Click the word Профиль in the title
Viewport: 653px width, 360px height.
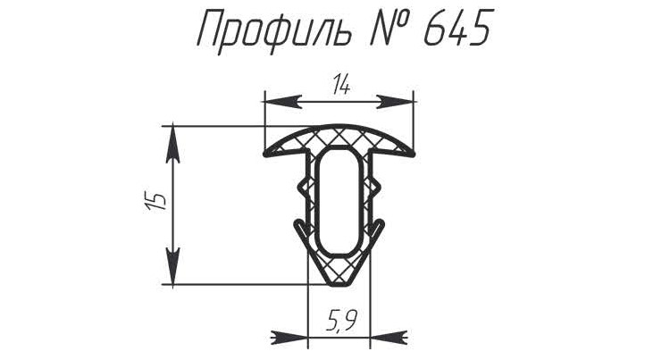(x=274, y=31)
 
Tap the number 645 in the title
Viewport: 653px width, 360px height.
(x=456, y=28)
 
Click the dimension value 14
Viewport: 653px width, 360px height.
(x=341, y=87)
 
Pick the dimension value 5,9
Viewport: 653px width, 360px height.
(x=340, y=320)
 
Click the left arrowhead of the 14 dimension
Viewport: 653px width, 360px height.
(x=283, y=102)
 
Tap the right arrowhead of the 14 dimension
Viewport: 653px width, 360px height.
(x=396, y=102)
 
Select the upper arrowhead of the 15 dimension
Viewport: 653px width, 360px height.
(x=172, y=145)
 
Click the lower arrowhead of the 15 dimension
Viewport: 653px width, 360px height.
(x=172, y=266)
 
